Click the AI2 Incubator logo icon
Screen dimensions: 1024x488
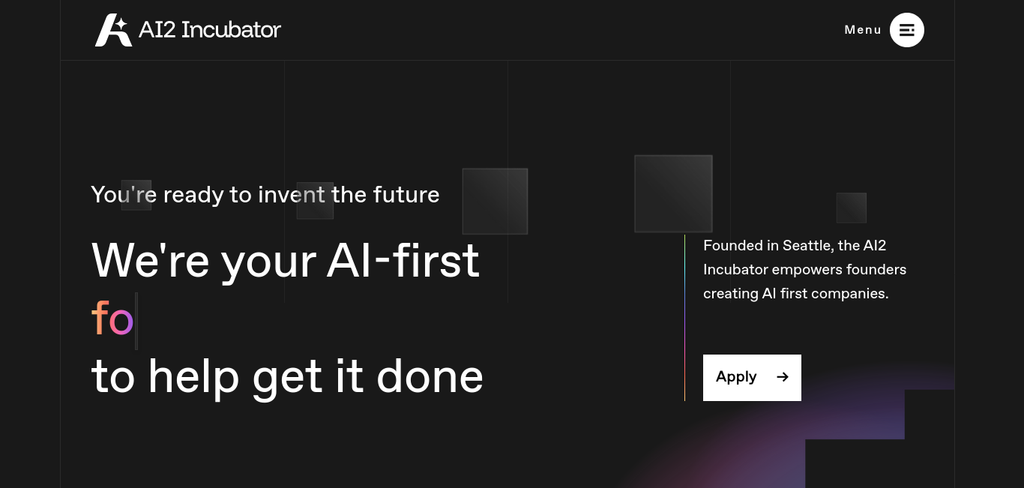pyautogui.click(x=113, y=30)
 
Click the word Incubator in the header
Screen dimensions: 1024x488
pyautogui.click(x=231, y=30)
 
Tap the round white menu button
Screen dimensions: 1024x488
pyautogui.click(x=906, y=30)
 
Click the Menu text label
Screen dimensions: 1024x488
pyautogui.click(x=863, y=30)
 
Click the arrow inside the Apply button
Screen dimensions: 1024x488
pyautogui.click(x=783, y=377)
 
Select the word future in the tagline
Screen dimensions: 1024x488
pyautogui.click(x=406, y=195)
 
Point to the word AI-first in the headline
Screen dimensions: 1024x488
pyautogui.click(x=403, y=260)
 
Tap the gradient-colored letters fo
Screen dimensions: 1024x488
pyautogui.click(x=112, y=318)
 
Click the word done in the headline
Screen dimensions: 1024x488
pyautogui.click(x=430, y=376)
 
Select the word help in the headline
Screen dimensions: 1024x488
pyautogui.click(x=194, y=379)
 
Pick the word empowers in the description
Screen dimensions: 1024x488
pyautogui.click(x=807, y=270)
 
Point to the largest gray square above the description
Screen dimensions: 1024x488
pyautogui.click(x=673, y=193)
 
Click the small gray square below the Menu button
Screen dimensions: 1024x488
pyautogui.click(x=851, y=208)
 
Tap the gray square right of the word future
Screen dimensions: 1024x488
pyautogui.click(x=495, y=202)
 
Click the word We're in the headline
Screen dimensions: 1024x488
pyautogui.click(x=151, y=260)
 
